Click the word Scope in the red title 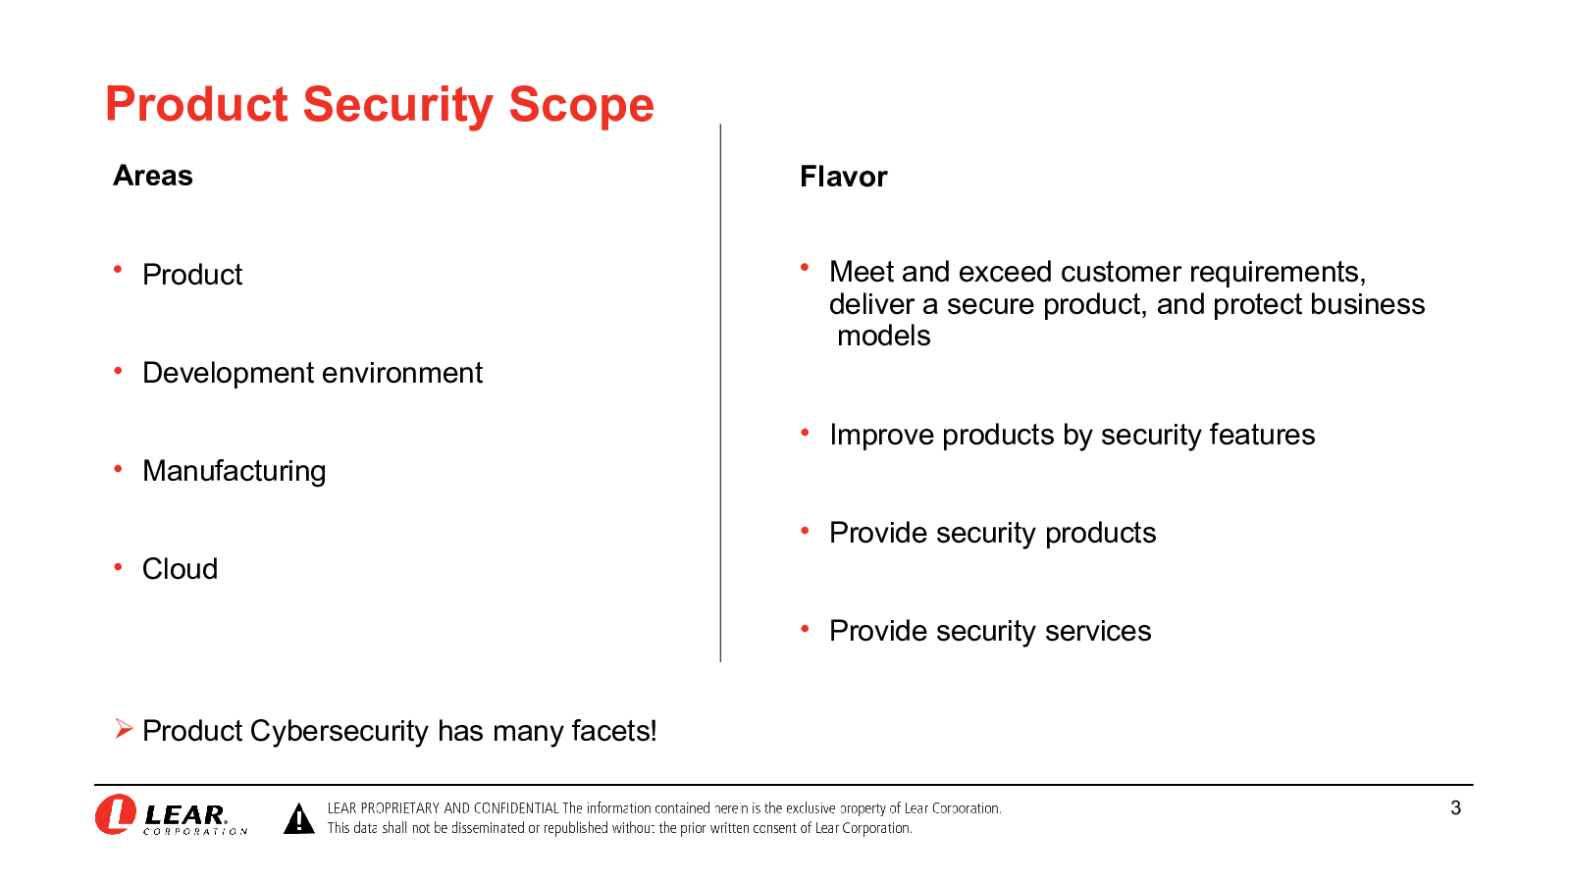(x=581, y=105)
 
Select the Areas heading (x=153, y=176)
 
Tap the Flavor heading (x=843, y=177)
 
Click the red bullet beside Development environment (x=118, y=371)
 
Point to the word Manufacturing (x=235, y=472)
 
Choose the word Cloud (x=181, y=569)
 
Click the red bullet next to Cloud (x=118, y=567)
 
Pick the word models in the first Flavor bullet (x=884, y=337)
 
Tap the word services (x=1098, y=632)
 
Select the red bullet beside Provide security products (x=805, y=531)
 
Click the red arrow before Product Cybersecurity (x=124, y=729)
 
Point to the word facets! (x=614, y=731)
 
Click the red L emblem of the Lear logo (x=116, y=814)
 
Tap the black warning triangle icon (x=299, y=818)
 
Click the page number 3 (x=1456, y=808)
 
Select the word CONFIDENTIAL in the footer (x=516, y=808)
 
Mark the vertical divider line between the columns (x=720, y=393)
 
